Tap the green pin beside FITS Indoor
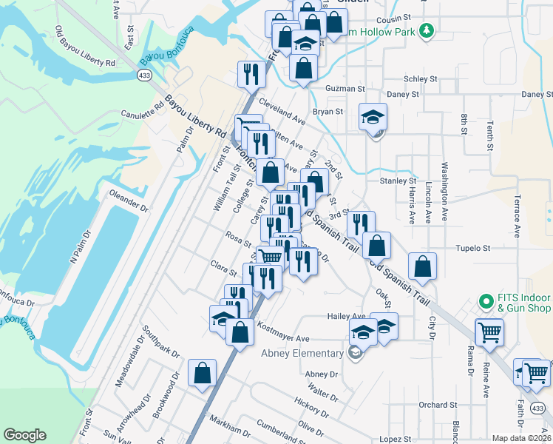tap(486, 301)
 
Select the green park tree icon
tap(426, 30)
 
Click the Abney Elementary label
tap(303, 353)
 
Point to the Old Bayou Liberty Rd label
tap(85, 48)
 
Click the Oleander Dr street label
tap(129, 195)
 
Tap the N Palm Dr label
tap(81, 248)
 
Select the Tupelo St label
tap(473, 249)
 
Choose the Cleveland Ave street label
tap(281, 110)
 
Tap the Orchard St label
tap(438, 405)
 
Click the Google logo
tap(24, 435)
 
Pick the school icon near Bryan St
tap(373, 116)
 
